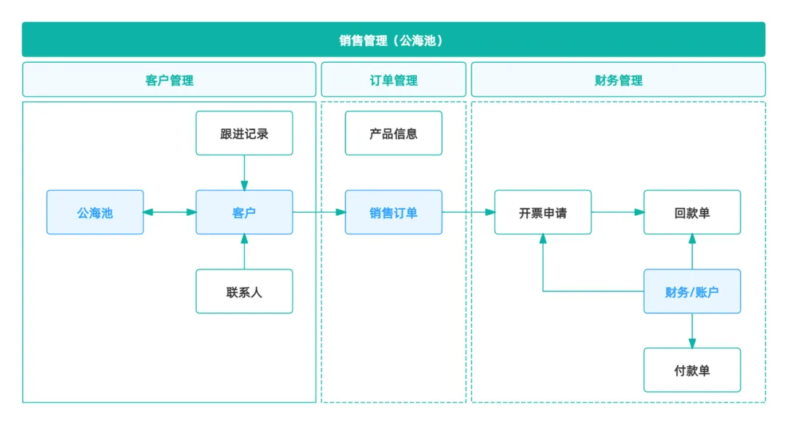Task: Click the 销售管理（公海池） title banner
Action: pos(393,40)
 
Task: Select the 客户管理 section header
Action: pos(169,80)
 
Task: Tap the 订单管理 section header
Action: pos(393,80)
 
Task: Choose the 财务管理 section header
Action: pos(618,80)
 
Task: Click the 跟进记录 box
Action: pos(244,133)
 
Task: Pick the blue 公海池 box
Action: pos(95,213)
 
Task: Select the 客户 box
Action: pos(244,213)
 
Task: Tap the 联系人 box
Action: pos(244,292)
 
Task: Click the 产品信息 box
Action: pos(393,133)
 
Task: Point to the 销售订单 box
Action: pos(393,213)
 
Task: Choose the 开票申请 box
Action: pos(543,213)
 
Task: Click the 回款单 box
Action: pos(692,213)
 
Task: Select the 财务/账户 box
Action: pos(692,292)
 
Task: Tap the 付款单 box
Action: pos(692,371)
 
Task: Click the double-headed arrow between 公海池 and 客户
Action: pos(170,213)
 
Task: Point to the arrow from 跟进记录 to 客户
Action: pos(244,173)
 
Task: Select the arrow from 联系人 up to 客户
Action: pos(244,252)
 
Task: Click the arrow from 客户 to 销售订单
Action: pos(319,213)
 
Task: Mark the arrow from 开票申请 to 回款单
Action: pos(617,213)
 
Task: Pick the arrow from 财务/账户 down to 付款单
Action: pos(692,331)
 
